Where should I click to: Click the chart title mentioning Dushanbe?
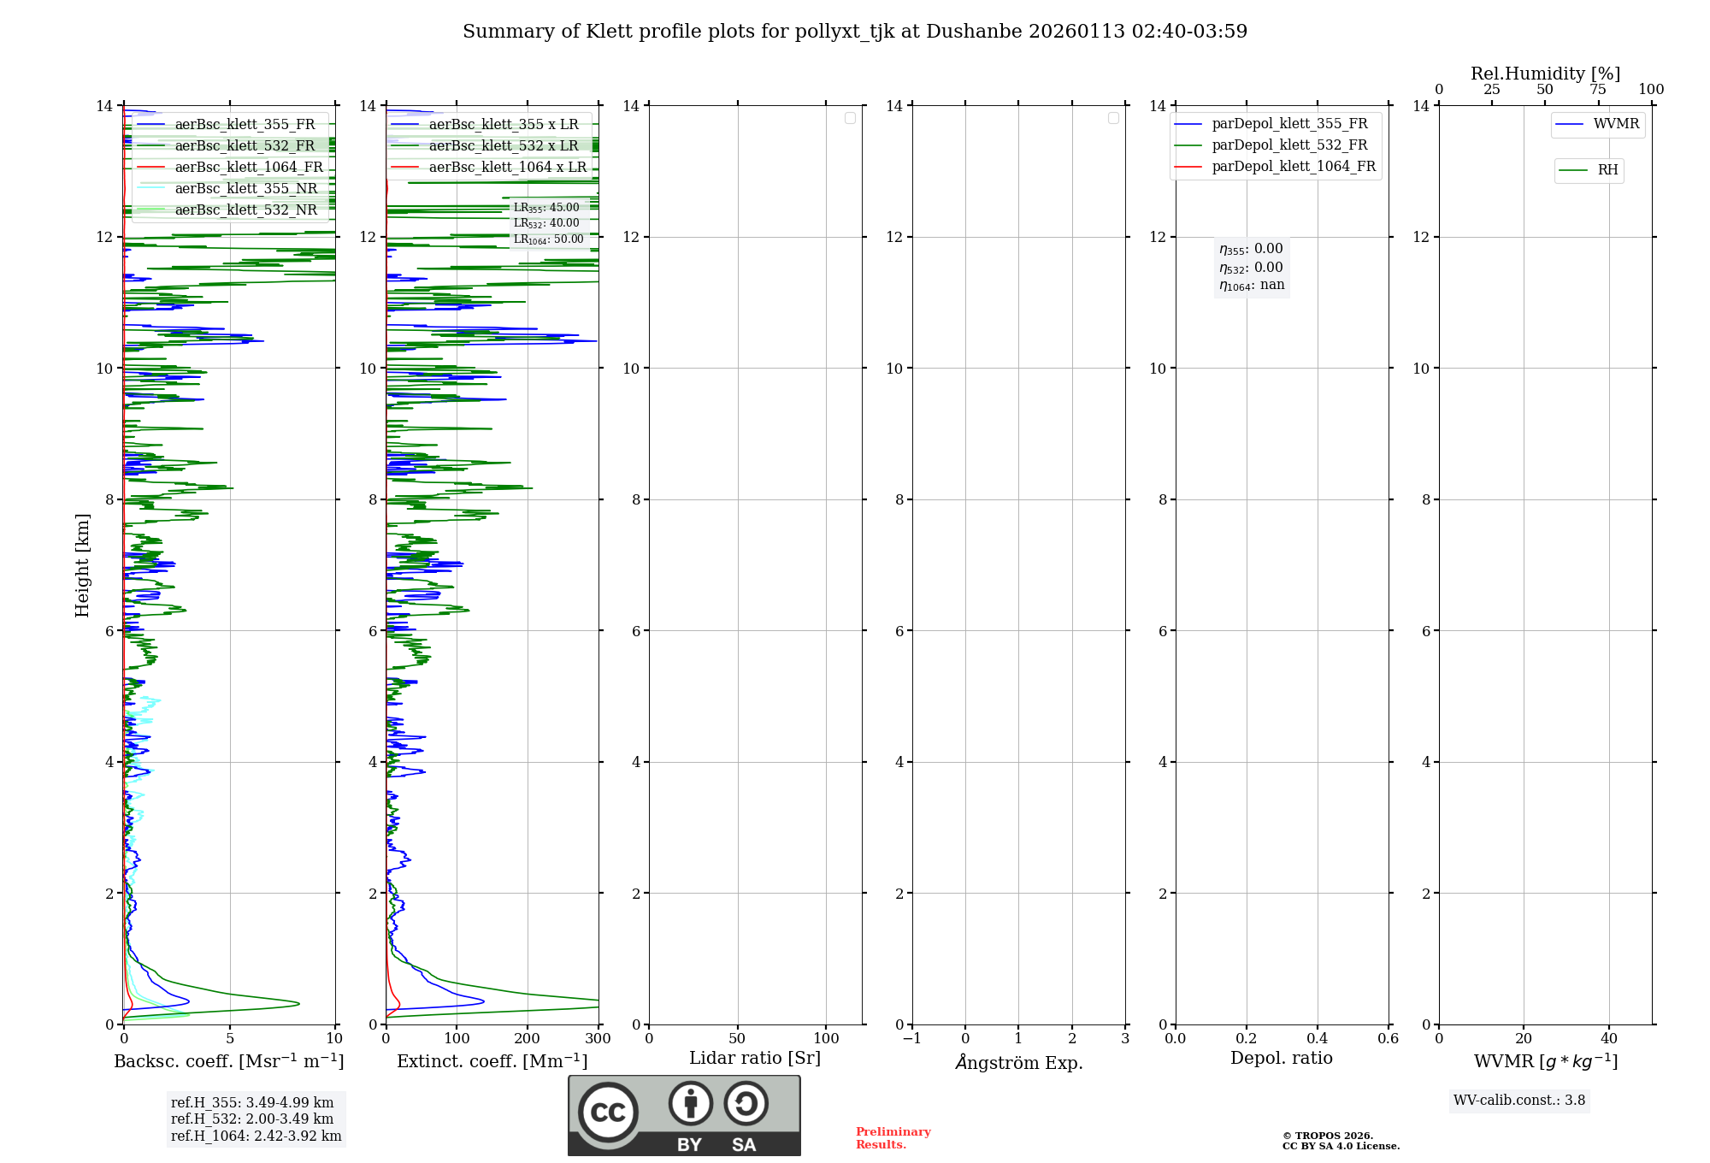(x=855, y=32)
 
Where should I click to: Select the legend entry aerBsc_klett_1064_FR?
(x=249, y=168)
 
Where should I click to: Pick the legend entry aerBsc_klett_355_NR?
(x=246, y=189)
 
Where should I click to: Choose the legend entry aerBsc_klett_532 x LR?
(x=504, y=146)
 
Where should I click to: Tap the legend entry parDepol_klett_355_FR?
(x=1289, y=124)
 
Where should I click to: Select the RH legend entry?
(x=1607, y=170)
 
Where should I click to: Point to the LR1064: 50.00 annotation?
(x=548, y=239)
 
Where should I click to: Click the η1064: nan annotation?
(x=1252, y=286)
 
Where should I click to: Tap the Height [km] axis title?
(x=82, y=565)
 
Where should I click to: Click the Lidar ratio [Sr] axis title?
(x=755, y=1059)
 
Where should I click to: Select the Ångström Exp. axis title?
(x=1019, y=1062)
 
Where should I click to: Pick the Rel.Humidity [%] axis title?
(x=1545, y=74)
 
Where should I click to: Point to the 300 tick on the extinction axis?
(x=598, y=1039)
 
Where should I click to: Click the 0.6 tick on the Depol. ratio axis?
(x=1388, y=1039)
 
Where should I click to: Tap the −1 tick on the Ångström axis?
(x=912, y=1039)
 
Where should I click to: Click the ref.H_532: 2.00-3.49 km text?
(x=252, y=1119)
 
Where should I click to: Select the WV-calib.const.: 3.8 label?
(x=1519, y=1101)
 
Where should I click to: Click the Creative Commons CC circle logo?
(x=608, y=1113)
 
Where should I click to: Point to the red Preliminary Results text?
(x=893, y=1138)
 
